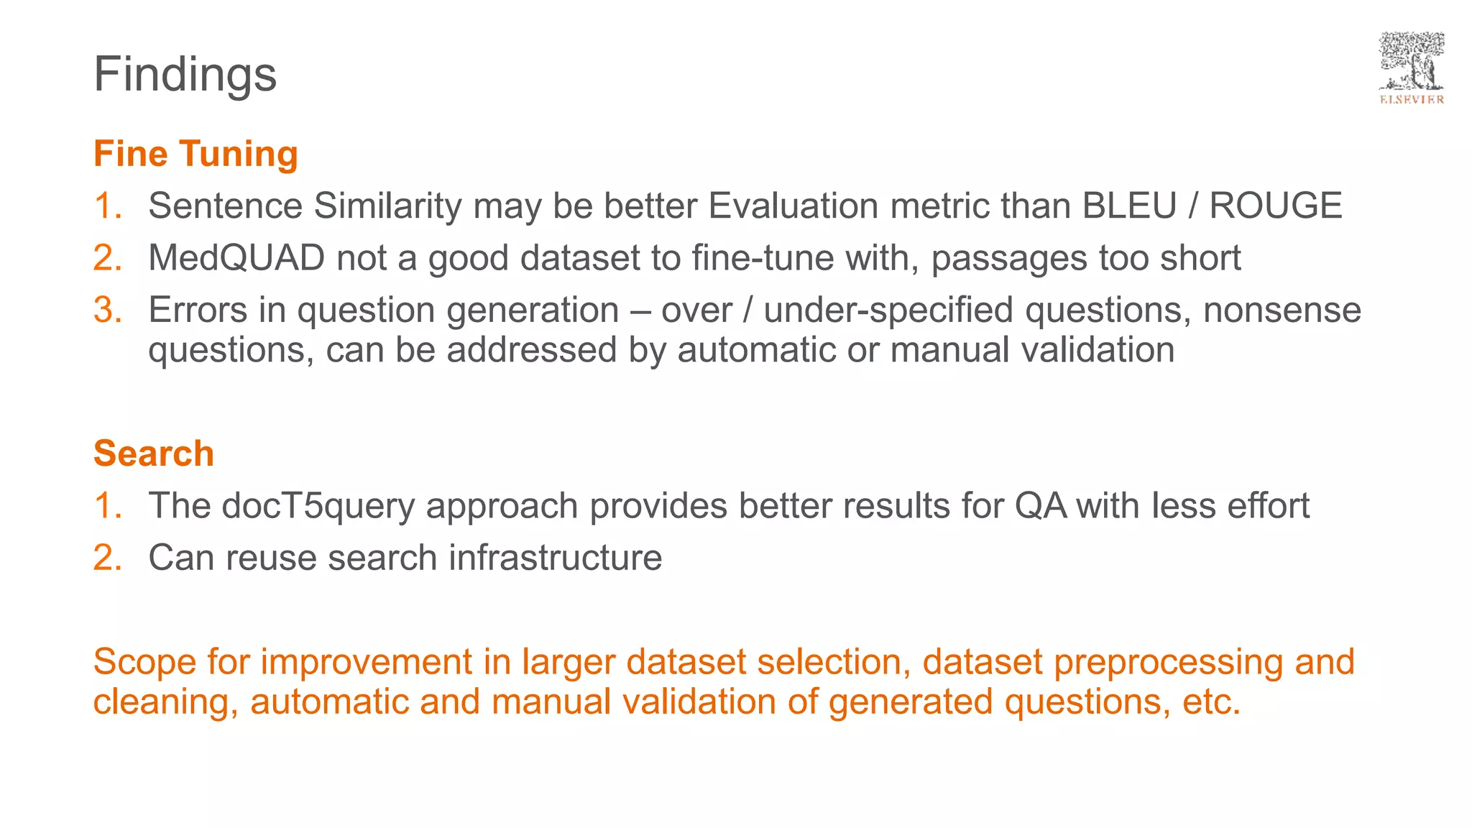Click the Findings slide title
185,74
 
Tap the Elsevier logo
1411,68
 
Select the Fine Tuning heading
195,154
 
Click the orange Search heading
154,454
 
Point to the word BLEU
1129,206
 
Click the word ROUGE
1275,206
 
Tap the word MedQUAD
236,258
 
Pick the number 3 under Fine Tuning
107,310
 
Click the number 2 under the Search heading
107,558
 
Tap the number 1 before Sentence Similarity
107,206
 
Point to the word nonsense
1282,310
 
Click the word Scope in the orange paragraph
144,662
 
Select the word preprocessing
1168,662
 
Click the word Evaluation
793,206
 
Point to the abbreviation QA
1040,506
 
